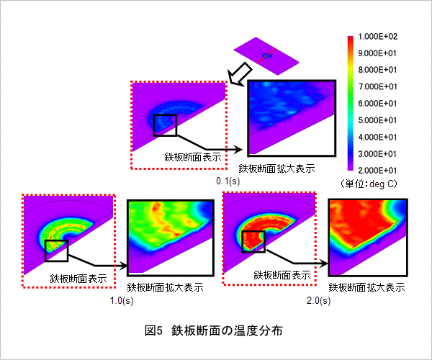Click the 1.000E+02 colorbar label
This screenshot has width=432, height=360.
[378, 36]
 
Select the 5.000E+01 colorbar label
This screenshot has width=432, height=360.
[377, 120]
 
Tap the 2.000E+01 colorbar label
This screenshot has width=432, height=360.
[377, 171]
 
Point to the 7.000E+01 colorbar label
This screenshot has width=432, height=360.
[377, 87]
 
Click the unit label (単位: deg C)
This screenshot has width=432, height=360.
[369, 184]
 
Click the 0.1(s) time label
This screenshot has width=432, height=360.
[228, 181]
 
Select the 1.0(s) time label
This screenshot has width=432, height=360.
[122, 300]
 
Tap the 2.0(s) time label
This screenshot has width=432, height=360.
[318, 300]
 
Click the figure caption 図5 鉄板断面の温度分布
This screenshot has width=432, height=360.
[214, 330]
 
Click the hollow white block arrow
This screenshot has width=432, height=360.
[240, 73]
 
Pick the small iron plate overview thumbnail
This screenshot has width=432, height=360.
[266, 56]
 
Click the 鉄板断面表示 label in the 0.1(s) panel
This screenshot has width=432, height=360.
[193, 157]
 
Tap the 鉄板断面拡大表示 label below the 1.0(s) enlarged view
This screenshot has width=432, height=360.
[166, 288]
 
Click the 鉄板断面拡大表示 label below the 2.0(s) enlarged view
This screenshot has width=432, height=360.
[366, 288]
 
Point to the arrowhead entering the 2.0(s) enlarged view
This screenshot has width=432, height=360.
[324, 264]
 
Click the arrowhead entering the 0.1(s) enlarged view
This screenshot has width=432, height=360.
[238, 150]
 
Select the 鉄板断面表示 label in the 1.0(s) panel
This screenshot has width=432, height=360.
[78, 279]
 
